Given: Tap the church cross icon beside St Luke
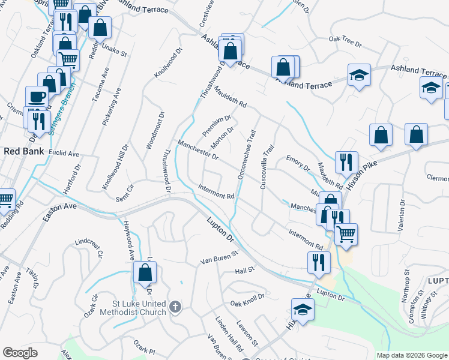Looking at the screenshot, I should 175,307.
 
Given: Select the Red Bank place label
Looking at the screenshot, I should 23,151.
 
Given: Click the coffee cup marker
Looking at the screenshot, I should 36,96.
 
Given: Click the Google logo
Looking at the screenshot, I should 20,353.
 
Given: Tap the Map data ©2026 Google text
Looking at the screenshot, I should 412,355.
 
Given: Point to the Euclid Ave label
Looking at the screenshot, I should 64,154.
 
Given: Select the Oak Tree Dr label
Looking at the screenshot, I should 345,41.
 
